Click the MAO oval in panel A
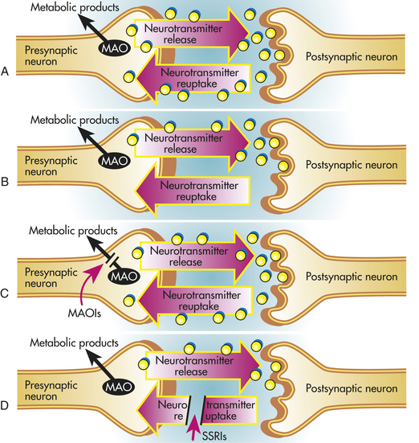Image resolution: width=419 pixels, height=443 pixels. [x=115, y=48]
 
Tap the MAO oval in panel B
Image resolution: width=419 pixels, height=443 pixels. [x=115, y=161]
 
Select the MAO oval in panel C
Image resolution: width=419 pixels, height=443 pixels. [x=124, y=277]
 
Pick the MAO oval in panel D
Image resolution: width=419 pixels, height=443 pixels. [x=118, y=387]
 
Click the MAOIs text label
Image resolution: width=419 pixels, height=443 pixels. [x=84, y=314]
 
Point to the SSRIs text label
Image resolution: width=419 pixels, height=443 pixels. [x=214, y=436]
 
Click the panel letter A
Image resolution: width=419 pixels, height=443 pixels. [x=5, y=72]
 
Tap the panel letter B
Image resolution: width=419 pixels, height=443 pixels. [x=5, y=182]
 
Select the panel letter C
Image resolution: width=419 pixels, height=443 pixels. [x=5, y=293]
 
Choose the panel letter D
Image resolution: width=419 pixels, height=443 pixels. [x=5, y=406]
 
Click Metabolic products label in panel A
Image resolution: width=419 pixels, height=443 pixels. [x=75, y=7]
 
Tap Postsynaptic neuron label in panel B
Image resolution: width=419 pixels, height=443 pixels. [x=352, y=165]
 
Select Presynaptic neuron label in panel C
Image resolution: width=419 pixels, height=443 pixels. [x=51, y=277]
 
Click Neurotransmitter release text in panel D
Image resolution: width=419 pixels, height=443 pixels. [x=194, y=366]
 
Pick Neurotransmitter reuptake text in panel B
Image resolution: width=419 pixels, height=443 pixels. [x=199, y=191]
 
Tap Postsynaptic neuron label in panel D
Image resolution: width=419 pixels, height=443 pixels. [x=352, y=388]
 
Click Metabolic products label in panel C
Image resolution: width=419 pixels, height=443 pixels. [x=73, y=231]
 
